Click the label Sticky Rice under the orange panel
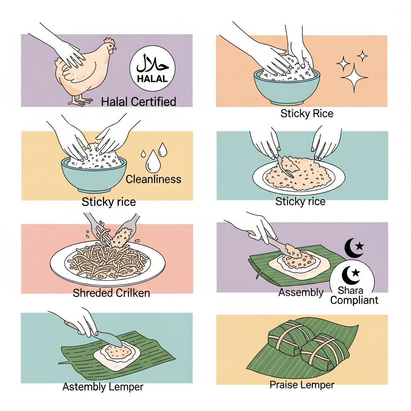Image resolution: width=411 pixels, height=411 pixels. pyautogui.click(x=307, y=114)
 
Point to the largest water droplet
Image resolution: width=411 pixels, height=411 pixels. pyautogui.click(x=153, y=162)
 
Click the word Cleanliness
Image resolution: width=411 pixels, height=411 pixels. pyautogui.click(x=154, y=179)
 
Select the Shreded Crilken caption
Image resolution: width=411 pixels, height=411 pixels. pyautogui.click(x=111, y=293)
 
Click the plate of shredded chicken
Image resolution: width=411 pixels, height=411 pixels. pyautogui.click(x=108, y=263)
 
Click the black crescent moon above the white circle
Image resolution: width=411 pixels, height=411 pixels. pyautogui.click(x=354, y=248)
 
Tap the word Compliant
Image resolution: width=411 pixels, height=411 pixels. pyautogui.click(x=354, y=300)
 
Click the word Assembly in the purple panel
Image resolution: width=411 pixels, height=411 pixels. pyautogui.click(x=301, y=293)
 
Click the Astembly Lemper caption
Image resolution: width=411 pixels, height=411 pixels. pyautogui.click(x=103, y=387)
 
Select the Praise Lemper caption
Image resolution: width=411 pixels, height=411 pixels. pyautogui.click(x=302, y=385)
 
